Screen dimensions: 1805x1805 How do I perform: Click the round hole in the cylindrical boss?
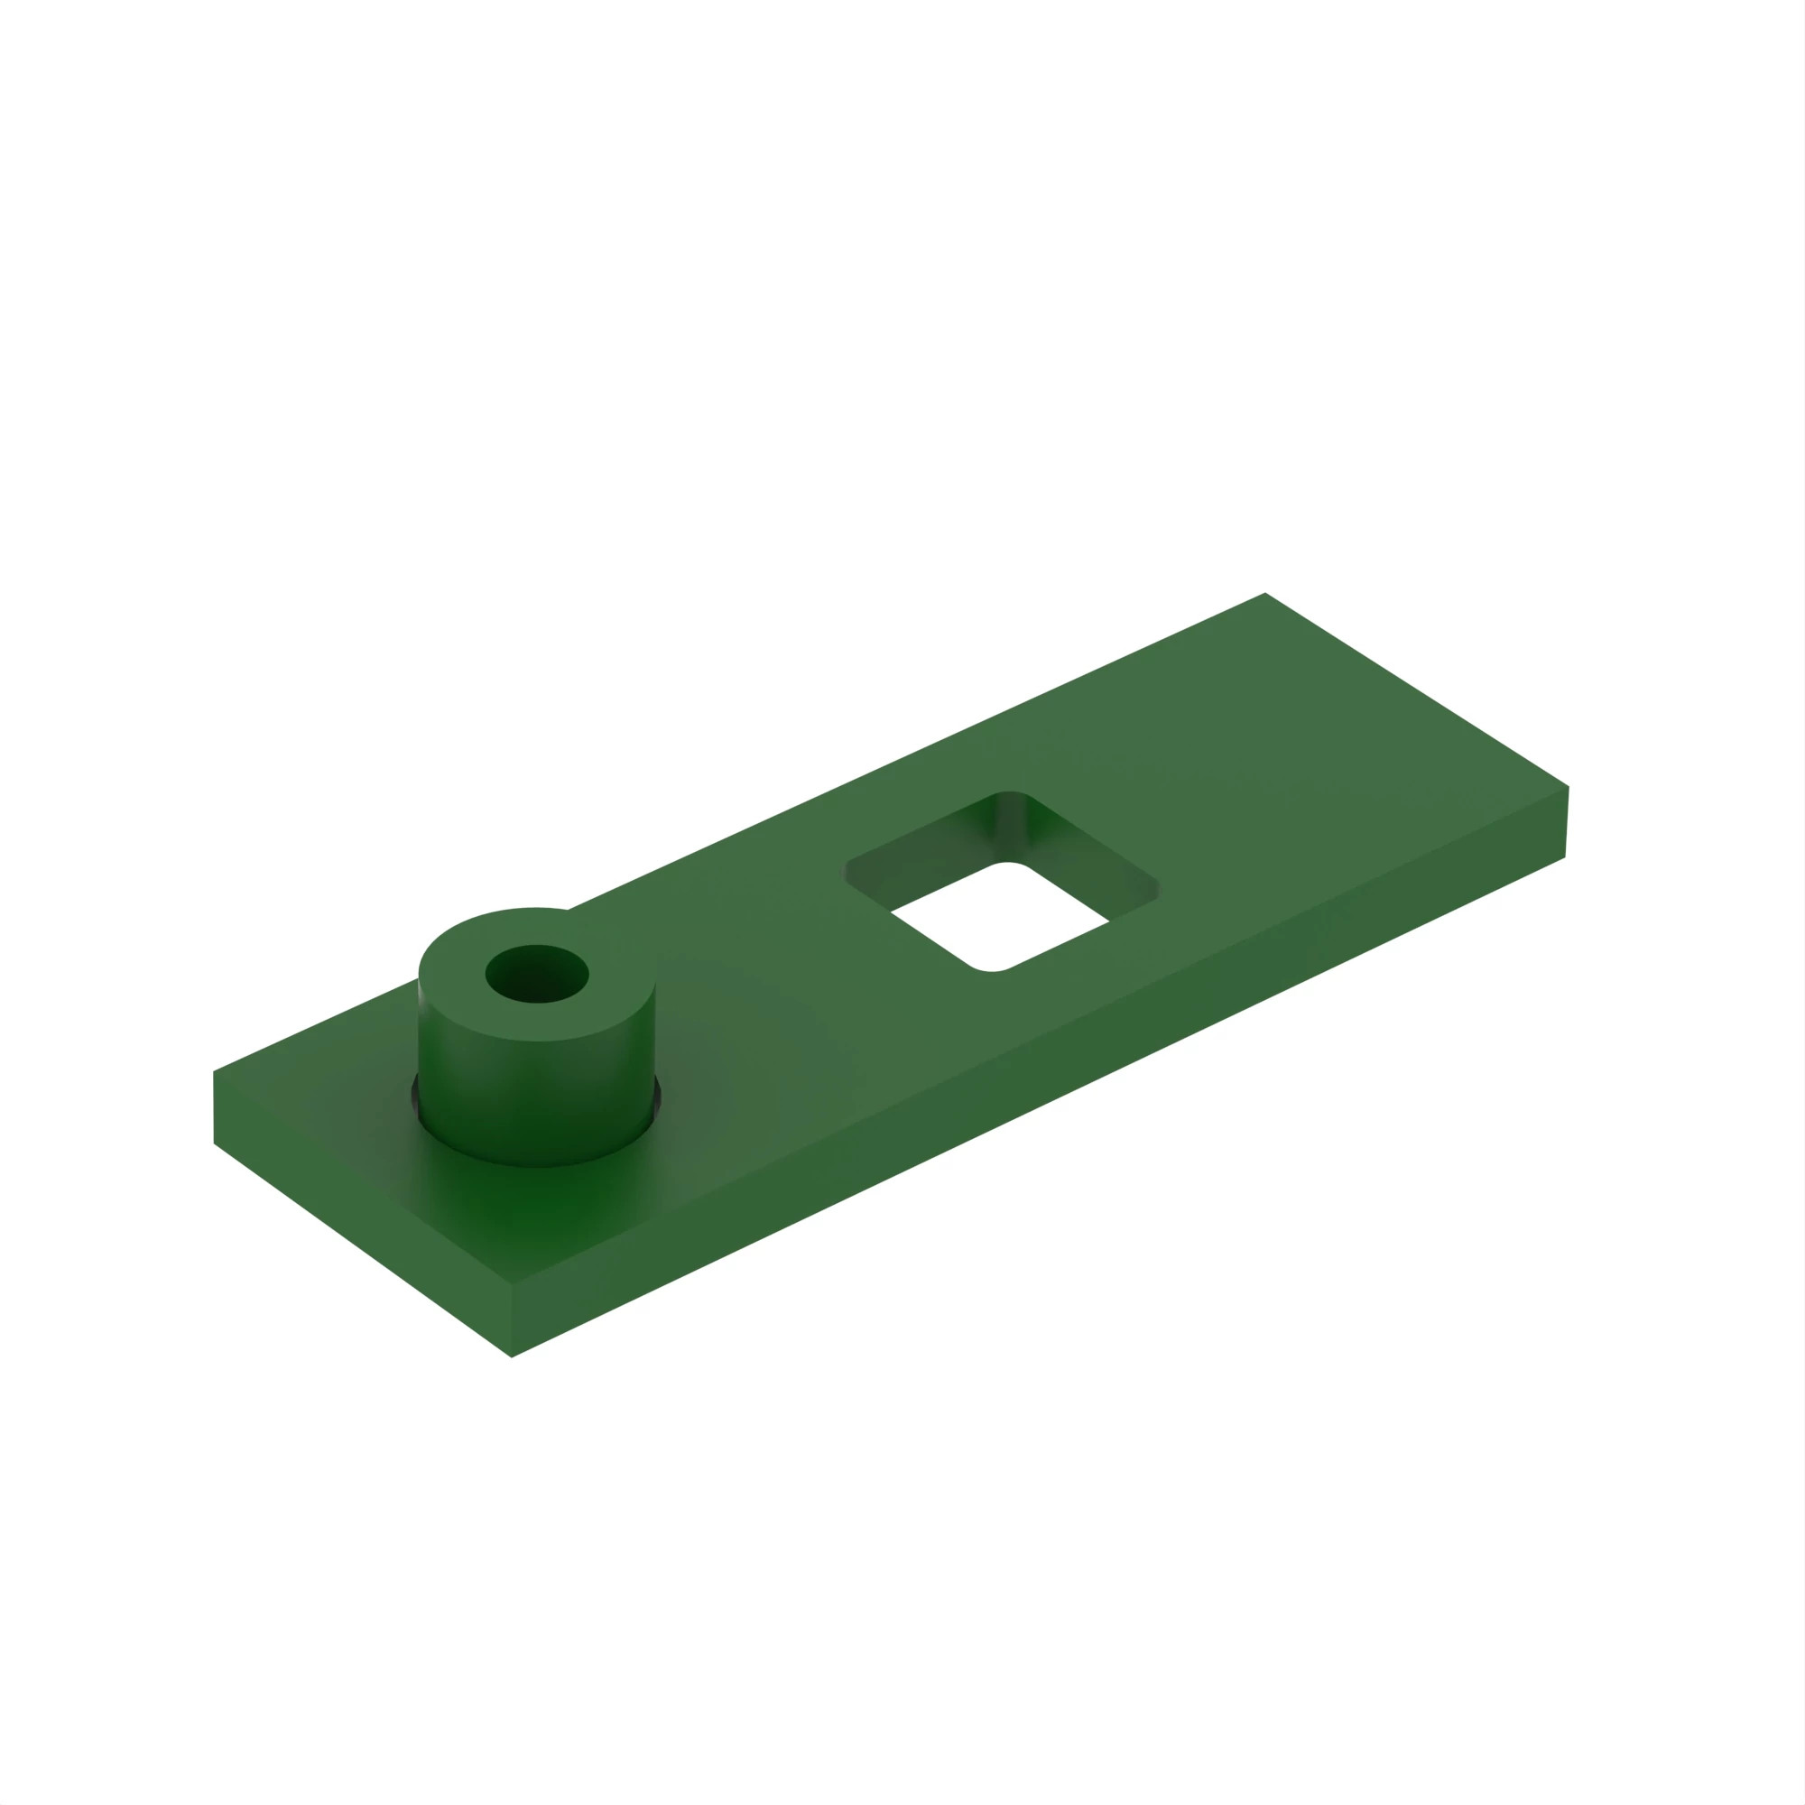pos(536,975)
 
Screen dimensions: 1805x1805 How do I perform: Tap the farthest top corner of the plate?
pos(1264,594)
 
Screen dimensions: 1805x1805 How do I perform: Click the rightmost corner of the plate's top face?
pos(1567,788)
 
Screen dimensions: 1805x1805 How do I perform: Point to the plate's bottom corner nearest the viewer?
pos(512,1356)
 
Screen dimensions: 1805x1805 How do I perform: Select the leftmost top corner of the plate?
pos(215,1071)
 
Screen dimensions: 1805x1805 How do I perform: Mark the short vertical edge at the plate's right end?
pos(1566,822)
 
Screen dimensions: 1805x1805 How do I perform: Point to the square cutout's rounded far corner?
pos(1011,794)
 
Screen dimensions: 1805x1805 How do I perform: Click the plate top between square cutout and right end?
pos(1308,794)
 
